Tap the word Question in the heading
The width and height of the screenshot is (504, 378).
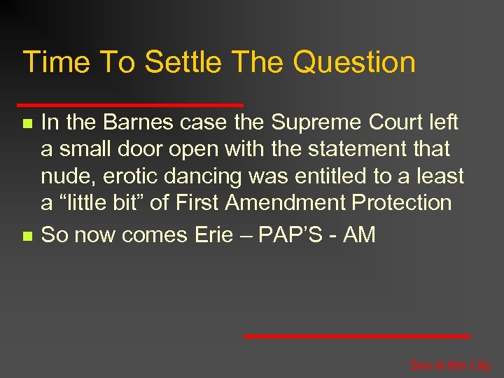point(354,62)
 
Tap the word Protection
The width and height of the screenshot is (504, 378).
point(402,203)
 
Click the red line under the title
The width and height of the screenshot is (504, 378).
point(133,105)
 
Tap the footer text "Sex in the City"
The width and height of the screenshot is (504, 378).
point(450,365)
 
